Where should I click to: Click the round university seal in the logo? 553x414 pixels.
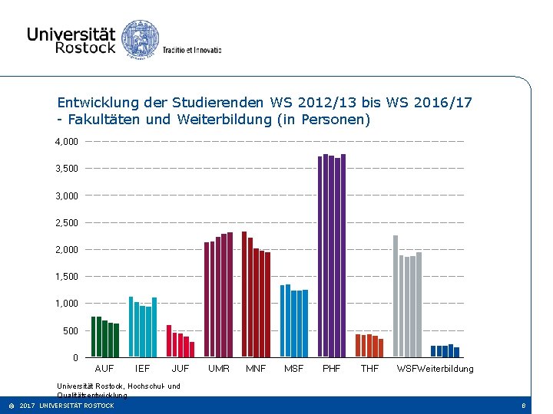141,38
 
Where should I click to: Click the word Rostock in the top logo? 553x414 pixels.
84,48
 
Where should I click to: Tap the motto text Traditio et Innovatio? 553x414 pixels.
191,50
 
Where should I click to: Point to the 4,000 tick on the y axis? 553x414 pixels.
66,142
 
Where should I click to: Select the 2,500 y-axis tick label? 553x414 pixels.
66,223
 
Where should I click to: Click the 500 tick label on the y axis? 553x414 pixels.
70,331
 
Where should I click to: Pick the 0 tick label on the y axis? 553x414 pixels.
75,358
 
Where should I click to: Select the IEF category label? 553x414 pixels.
142,369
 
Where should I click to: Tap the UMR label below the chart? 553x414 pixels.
219,369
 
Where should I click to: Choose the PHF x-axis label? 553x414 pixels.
332,369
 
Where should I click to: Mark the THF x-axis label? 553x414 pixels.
369,369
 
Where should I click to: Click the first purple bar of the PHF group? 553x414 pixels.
320,257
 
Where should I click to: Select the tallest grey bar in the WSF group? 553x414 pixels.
396,296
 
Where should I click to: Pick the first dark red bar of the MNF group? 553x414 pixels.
244,294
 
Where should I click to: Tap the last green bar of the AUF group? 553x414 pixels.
116,340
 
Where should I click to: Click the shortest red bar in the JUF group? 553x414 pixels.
192,350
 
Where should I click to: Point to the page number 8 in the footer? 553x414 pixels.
523,406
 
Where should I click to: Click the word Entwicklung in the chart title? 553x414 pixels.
94,102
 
